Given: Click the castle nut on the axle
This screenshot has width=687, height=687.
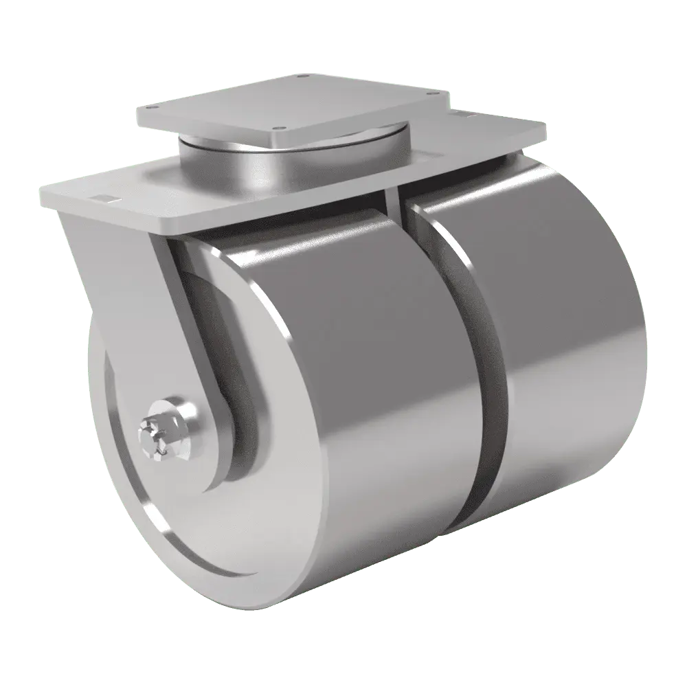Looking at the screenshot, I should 153,434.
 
